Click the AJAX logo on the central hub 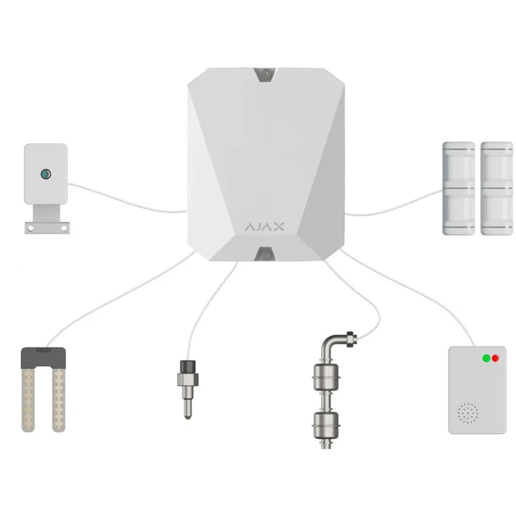265,226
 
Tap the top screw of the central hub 265,74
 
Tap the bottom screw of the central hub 265,255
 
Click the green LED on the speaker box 486,358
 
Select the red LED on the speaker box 496,358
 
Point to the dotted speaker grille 468,413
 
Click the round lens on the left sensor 46,174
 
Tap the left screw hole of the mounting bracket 30,228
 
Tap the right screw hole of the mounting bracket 64,228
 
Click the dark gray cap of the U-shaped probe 43,357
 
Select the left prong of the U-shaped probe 29,400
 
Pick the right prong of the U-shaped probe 59,400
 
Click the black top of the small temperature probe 188,367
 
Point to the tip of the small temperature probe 188,418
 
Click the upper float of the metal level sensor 326,377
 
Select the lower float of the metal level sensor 326,425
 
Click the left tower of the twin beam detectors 459,188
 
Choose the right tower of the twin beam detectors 496,188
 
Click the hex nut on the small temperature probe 188,379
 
